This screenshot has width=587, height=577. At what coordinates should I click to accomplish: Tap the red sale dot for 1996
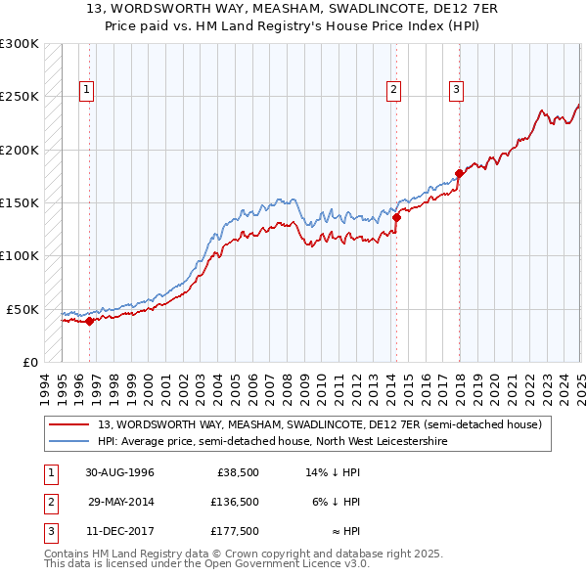89,320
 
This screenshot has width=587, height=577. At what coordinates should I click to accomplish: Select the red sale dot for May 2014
396,217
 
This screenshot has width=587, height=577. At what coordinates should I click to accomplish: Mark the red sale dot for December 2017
459,174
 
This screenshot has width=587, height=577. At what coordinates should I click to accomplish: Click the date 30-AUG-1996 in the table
120,472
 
